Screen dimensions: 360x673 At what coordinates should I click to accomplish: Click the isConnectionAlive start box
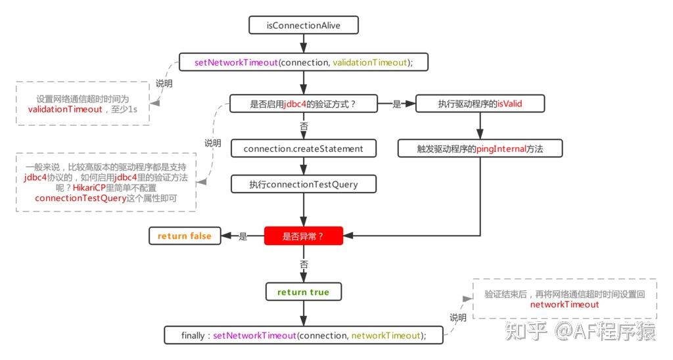(303, 26)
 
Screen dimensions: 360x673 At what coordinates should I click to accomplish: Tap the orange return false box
(184, 236)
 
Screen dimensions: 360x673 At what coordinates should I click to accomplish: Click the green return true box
(303, 292)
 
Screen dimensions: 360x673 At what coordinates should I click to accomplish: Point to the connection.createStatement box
(303, 148)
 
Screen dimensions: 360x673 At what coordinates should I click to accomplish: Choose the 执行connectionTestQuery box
(303, 184)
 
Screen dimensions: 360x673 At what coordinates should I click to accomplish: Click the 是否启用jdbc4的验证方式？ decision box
(303, 104)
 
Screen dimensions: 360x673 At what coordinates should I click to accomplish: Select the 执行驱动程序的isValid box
(480, 104)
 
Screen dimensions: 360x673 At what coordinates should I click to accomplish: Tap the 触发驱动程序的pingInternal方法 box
(480, 148)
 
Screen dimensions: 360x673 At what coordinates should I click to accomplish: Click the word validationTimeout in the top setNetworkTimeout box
(369, 62)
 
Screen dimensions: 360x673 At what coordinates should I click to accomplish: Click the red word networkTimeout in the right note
(564, 305)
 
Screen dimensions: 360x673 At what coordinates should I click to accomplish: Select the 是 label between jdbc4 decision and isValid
(397, 104)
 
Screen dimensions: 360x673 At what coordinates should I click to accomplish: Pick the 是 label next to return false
(243, 236)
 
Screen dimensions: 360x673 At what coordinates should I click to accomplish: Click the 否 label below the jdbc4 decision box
(304, 125)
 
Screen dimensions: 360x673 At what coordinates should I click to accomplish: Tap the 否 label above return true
(304, 264)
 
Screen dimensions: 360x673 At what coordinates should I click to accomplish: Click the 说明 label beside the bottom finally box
(458, 318)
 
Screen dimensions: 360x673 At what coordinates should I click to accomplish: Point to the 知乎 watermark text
(526, 332)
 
